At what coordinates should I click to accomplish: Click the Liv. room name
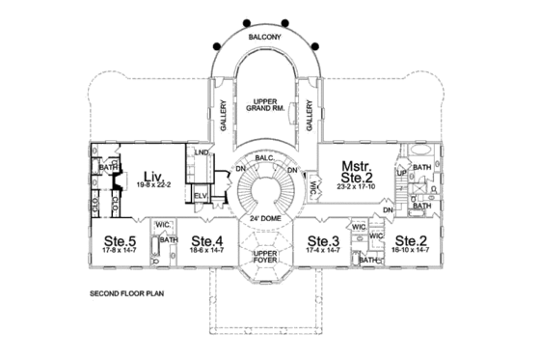point(152,176)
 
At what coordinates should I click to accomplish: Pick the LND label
point(201,153)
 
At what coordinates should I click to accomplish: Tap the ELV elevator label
point(202,196)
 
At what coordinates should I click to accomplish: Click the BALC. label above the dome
point(265,157)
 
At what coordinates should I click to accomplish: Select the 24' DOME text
point(264,218)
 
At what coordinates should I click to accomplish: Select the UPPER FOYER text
point(265,257)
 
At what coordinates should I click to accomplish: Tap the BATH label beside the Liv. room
point(107,166)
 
